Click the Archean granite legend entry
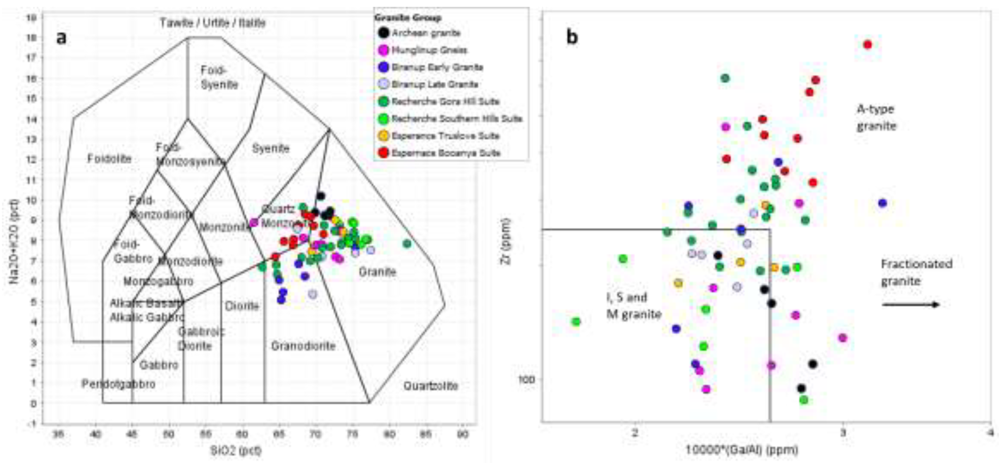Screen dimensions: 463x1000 (x=425, y=33)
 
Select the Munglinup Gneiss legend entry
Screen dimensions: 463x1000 (x=429, y=50)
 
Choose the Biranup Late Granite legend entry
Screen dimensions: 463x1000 (x=434, y=84)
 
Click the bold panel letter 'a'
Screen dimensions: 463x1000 (x=61, y=38)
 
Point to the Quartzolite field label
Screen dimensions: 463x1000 (x=430, y=386)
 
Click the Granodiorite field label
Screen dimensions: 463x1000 (x=303, y=346)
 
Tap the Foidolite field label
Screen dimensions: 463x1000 (x=109, y=159)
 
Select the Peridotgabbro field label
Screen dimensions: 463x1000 (x=118, y=384)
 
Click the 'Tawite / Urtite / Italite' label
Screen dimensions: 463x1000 (x=213, y=23)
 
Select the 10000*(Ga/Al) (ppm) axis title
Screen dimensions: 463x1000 (x=741, y=450)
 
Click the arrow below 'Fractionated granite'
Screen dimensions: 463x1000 (x=910, y=305)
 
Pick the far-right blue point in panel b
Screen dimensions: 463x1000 (x=882, y=203)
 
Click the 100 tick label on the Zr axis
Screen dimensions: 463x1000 (x=526, y=379)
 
